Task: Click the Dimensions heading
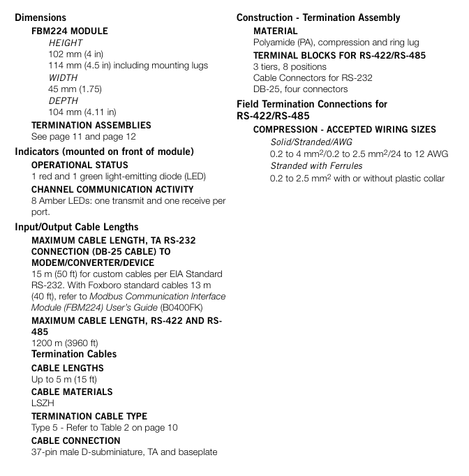(x=40, y=17)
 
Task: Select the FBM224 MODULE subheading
(x=70, y=31)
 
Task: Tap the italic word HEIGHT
(x=66, y=43)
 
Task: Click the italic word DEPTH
(x=63, y=101)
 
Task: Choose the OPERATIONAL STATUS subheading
(x=80, y=165)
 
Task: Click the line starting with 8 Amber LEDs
(x=128, y=201)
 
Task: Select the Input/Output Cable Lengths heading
(x=77, y=227)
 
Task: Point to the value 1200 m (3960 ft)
(x=65, y=343)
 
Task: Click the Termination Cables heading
(x=74, y=354)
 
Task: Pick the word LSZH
(x=43, y=403)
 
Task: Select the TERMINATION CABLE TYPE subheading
(x=89, y=416)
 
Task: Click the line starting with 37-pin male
(x=124, y=452)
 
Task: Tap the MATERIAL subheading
(x=275, y=31)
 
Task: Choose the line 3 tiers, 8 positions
(x=290, y=66)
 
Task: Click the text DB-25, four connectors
(x=300, y=89)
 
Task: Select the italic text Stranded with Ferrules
(x=316, y=165)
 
